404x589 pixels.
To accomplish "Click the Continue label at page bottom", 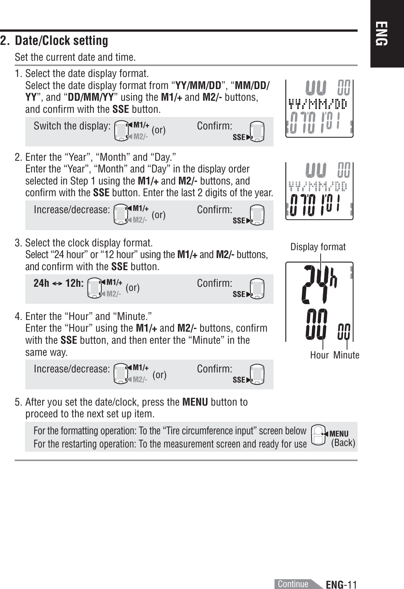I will pos(293,584).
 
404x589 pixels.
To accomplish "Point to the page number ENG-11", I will pos(341,584).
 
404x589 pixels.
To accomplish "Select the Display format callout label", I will pos(318,247).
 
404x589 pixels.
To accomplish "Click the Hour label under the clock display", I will pos(319,355).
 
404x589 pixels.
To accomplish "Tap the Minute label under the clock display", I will pos(346,355).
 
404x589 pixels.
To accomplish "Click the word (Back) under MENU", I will pos(343,443).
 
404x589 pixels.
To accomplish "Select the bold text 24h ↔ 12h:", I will pos(58,283).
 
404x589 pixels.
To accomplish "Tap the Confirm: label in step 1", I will pos(214,126).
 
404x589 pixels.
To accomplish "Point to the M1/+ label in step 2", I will pos(141,208).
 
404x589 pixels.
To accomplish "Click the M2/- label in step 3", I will pos(114,294).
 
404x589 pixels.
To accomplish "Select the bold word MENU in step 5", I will pos(195,402).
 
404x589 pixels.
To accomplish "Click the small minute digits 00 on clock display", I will pos(343,331).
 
